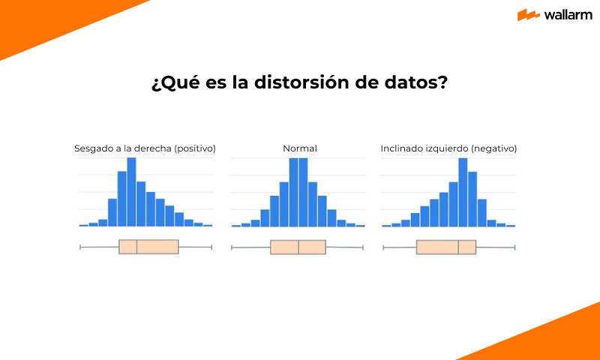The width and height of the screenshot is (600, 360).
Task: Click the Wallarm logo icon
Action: point(529,15)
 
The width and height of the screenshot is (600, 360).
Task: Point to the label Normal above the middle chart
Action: point(299,148)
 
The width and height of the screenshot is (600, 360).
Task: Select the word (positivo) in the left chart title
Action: point(194,148)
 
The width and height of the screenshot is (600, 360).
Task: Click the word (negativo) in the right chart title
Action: point(493,148)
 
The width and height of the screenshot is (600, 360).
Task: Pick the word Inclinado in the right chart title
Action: point(401,148)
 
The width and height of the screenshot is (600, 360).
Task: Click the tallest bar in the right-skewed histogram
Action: point(131,192)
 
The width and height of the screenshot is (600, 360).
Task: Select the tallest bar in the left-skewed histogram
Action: point(463,192)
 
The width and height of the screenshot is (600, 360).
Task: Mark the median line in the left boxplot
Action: point(137,247)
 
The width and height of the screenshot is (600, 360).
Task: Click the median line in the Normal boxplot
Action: point(298,247)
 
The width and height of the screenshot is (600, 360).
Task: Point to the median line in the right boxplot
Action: point(458,247)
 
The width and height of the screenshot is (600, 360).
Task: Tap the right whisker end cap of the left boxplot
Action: point(212,247)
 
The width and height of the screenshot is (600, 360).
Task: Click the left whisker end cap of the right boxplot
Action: point(382,247)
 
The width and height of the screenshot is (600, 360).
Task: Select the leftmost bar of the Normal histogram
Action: point(236,225)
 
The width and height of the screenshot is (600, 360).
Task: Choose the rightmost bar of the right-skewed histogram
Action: point(208,225)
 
